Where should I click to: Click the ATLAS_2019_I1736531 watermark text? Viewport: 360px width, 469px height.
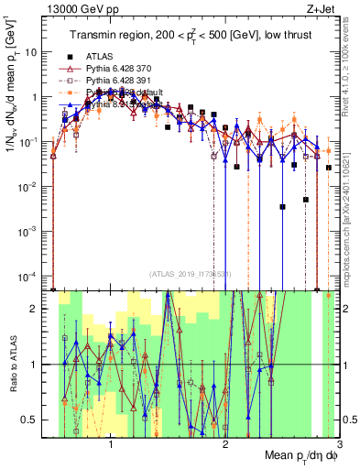(x=190, y=274)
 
